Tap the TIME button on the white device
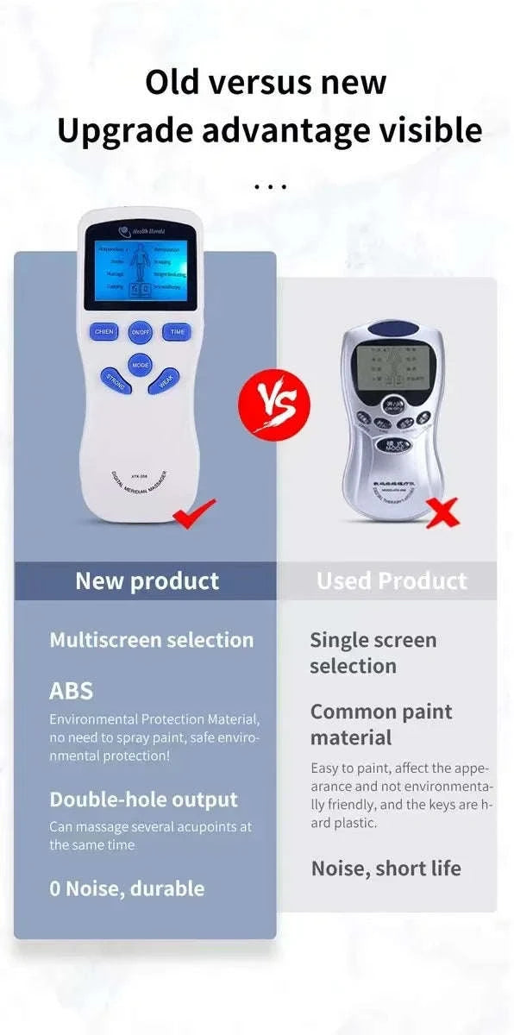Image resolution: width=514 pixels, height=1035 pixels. (176, 331)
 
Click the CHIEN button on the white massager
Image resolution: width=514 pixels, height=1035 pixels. (103, 331)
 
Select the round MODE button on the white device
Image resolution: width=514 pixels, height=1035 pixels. (140, 365)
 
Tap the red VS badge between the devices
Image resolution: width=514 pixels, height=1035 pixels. (272, 398)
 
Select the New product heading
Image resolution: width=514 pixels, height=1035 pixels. (147, 580)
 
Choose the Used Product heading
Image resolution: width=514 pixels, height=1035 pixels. (392, 580)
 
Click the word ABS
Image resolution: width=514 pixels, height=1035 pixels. (71, 691)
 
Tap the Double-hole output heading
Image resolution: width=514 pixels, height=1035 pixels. (143, 800)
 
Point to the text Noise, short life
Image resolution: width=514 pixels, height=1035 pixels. (385, 868)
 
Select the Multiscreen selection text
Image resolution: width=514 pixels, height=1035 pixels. (152, 640)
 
